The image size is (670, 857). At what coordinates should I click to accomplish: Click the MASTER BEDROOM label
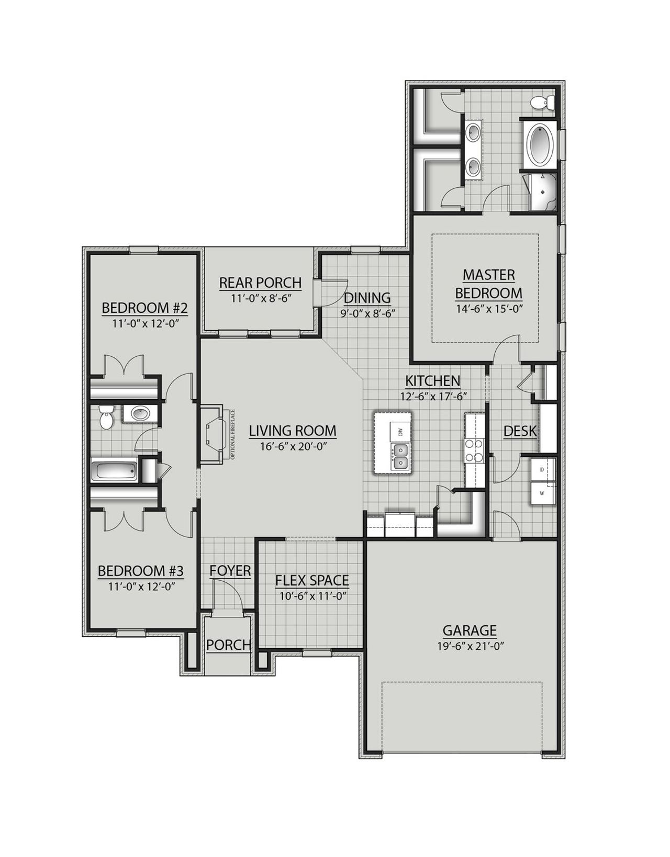point(488,284)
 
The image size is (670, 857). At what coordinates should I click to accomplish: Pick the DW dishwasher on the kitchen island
point(400,432)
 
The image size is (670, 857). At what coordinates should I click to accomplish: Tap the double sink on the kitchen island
point(400,456)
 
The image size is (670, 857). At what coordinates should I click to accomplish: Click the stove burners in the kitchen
point(473,450)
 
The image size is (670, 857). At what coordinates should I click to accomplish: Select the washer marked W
point(542,493)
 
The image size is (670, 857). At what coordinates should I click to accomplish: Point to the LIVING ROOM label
point(292,431)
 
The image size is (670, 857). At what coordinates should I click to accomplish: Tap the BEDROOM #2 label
point(144,308)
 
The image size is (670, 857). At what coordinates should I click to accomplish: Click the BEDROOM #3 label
point(141,570)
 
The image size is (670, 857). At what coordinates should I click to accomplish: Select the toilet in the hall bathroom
point(107,417)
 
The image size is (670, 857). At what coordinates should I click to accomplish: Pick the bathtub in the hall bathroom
point(115,470)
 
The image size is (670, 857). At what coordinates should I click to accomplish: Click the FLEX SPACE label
point(312,580)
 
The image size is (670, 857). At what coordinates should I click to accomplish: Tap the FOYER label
point(230,571)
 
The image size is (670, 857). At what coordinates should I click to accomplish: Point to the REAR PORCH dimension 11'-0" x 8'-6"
point(260,298)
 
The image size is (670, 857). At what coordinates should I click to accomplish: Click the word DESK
point(520,431)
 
